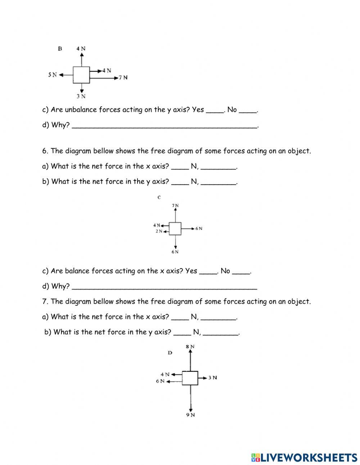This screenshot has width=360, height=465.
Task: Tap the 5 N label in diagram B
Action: [x=53, y=75]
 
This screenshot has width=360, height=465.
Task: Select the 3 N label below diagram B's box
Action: [x=81, y=96]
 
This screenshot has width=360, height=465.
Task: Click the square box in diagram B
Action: [x=81, y=75]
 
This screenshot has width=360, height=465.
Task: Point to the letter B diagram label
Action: [x=60, y=48]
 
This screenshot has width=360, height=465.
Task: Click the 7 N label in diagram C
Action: [x=175, y=206]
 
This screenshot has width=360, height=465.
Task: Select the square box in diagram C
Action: [x=175, y=229]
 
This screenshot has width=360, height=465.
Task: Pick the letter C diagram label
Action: [x=159, y=197]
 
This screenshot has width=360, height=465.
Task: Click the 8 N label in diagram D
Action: [x=190, y=346]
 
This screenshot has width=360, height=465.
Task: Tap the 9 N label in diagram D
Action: [x=190, y=415]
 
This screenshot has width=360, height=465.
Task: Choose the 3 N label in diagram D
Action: [x=213, y=377]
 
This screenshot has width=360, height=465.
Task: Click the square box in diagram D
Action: [x=190, y=378]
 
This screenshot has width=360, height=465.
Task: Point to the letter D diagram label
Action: [x=170, y=353]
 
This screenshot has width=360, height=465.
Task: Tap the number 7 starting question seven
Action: [x=44, y=301]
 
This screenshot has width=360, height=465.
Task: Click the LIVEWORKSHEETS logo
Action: [x=304, y=457]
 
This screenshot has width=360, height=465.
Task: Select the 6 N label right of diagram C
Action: [x=199, y=229]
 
